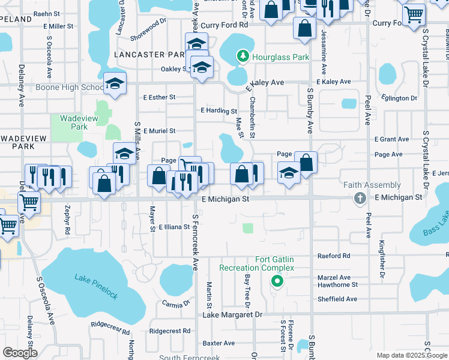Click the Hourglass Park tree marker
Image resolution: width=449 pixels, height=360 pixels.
(243, 57)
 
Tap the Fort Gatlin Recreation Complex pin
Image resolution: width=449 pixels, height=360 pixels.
(276, 280)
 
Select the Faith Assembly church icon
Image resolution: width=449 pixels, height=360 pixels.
(360, 198)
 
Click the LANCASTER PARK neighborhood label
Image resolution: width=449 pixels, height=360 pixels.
(147, 55)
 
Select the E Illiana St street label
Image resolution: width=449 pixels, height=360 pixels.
(174, 227)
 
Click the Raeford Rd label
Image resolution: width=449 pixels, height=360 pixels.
(334, 256)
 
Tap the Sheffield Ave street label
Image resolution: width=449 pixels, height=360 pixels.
(337, 299)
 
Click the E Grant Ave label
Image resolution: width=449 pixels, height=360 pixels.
(391, 139)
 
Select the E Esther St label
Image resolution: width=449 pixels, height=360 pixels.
(158, 97)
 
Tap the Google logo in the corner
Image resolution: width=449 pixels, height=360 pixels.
(20, 353)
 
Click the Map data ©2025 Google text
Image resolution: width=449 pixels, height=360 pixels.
(412, 355)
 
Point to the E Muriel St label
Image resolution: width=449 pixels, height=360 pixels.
(158, 131)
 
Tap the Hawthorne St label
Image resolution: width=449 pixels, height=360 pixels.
(338, 285)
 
